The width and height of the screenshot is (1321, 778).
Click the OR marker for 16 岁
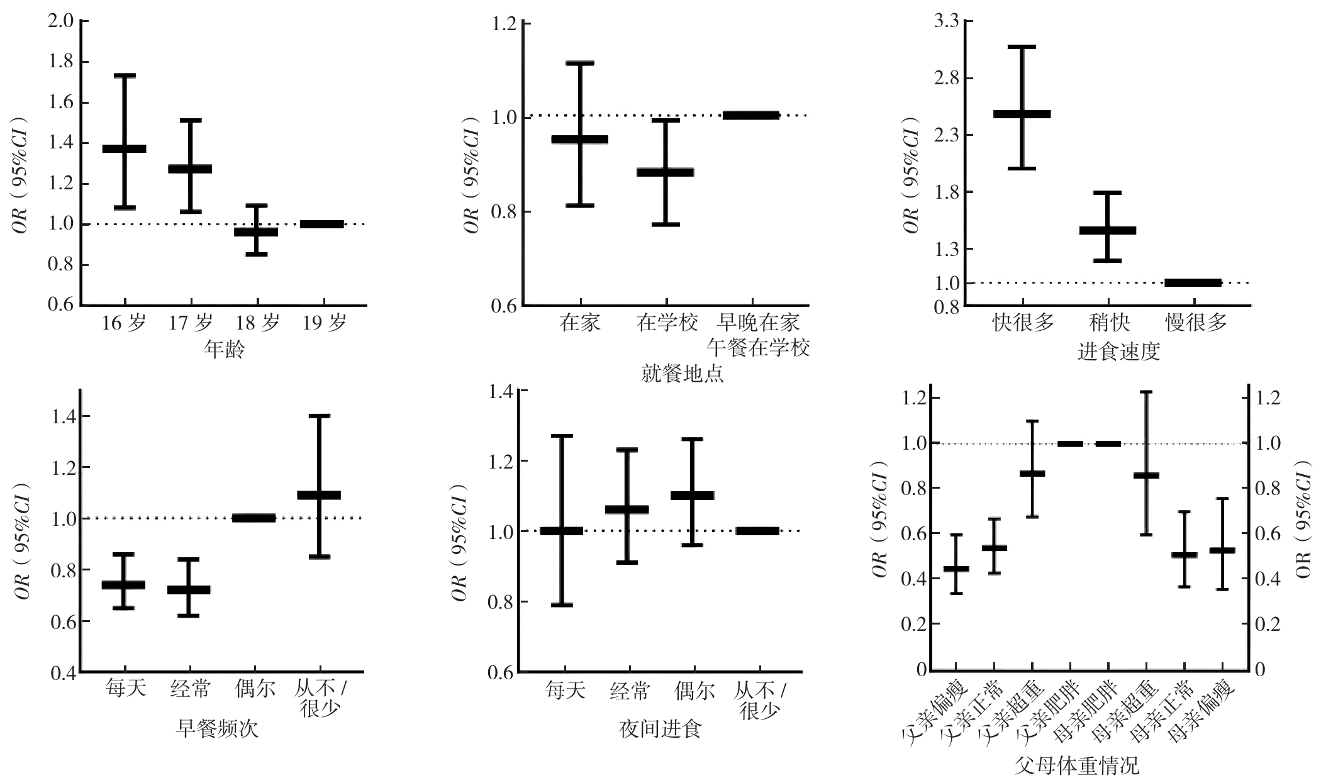[x=125, y=148]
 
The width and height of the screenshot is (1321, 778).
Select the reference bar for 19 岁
[x=322, y=224]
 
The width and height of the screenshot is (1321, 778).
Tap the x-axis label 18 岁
[x=257, y=323]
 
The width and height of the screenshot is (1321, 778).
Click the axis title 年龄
[x=224, y=350]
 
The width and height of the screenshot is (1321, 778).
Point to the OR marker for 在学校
[x=666, y=172]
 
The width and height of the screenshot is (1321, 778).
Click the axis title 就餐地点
[x=683, y=374]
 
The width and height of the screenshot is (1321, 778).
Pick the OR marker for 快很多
[x=1022, y=114]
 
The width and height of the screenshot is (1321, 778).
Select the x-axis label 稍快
[x=1109, y=323]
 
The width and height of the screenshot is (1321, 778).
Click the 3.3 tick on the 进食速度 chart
[x=947, y=21]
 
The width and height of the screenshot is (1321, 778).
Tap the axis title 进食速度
[x=1118, y=351]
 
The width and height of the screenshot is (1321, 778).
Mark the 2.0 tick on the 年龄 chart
[x=60, y=21]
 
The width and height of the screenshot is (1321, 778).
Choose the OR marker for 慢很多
[x=1193, y=282]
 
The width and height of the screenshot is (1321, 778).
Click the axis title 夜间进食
[x=660, y=730]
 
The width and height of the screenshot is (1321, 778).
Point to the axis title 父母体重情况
[x=1077, y=766]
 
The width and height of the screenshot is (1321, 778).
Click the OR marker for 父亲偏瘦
[x=956, y=569]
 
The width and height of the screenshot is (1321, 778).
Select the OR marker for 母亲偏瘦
[x=1222, y=550]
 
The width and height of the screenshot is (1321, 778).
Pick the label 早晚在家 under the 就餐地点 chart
[x=759, y=323]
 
